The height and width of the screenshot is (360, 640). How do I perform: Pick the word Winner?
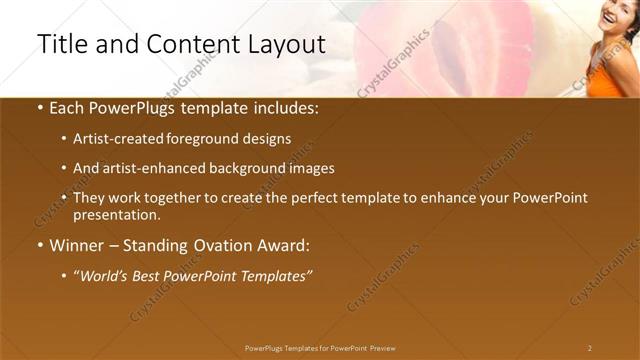[x=78, y=245]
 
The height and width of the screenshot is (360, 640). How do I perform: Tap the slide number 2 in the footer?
[x=590, y=348]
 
